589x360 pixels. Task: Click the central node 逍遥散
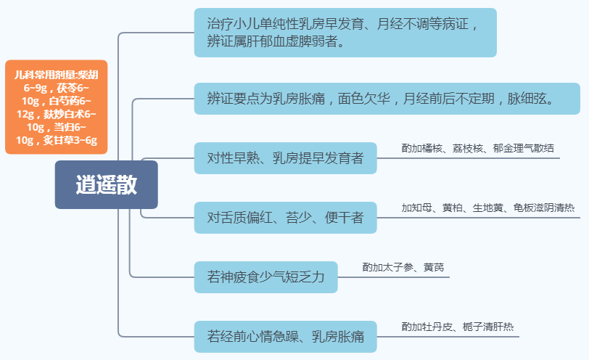point(106,185)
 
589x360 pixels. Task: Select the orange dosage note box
point(56,107)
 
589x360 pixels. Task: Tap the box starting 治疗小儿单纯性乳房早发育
point(345,33)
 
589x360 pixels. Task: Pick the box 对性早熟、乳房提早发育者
point(285,157)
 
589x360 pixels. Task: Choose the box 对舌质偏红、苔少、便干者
point(285,217)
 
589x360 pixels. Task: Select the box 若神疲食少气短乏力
point(265,277)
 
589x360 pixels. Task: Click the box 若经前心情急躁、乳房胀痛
point(285,336)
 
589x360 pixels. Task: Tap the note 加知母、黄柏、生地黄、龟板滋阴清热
point(487,208)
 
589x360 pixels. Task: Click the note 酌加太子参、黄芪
point(403,267)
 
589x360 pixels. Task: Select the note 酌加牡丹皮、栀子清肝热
point(458,327)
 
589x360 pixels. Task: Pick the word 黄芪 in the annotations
point(434,267)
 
